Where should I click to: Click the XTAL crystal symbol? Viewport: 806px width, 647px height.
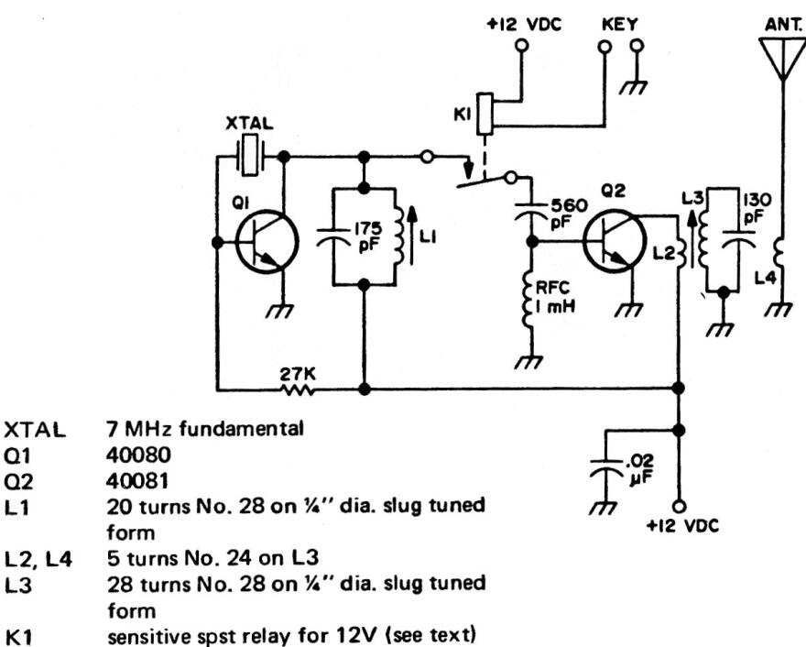click(249, 157)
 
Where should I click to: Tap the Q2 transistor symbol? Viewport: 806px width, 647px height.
click(611, 243)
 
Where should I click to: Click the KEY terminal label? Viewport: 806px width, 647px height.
click(618, 24)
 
